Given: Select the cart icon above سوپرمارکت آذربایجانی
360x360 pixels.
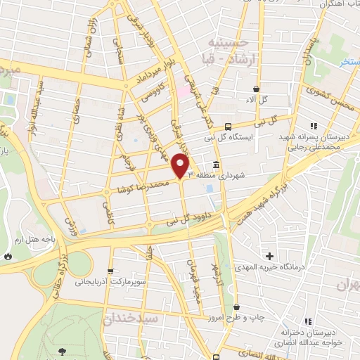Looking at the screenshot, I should [x=109, y=271].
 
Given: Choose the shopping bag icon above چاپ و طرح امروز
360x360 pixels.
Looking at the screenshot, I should [x=236, y=307].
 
